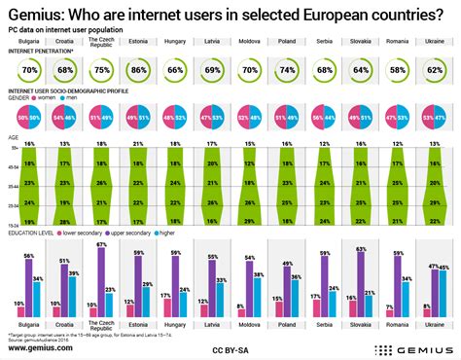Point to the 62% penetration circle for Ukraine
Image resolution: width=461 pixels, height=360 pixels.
(x=435, y=71)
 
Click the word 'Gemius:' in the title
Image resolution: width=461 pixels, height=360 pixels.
(x=40, y=15)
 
